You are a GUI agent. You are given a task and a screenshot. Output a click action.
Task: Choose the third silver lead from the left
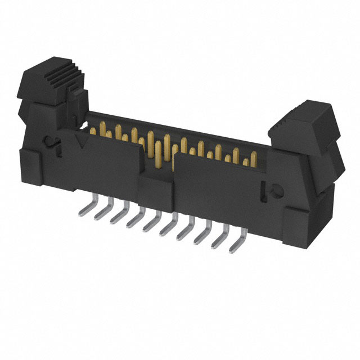pos(119,217)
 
